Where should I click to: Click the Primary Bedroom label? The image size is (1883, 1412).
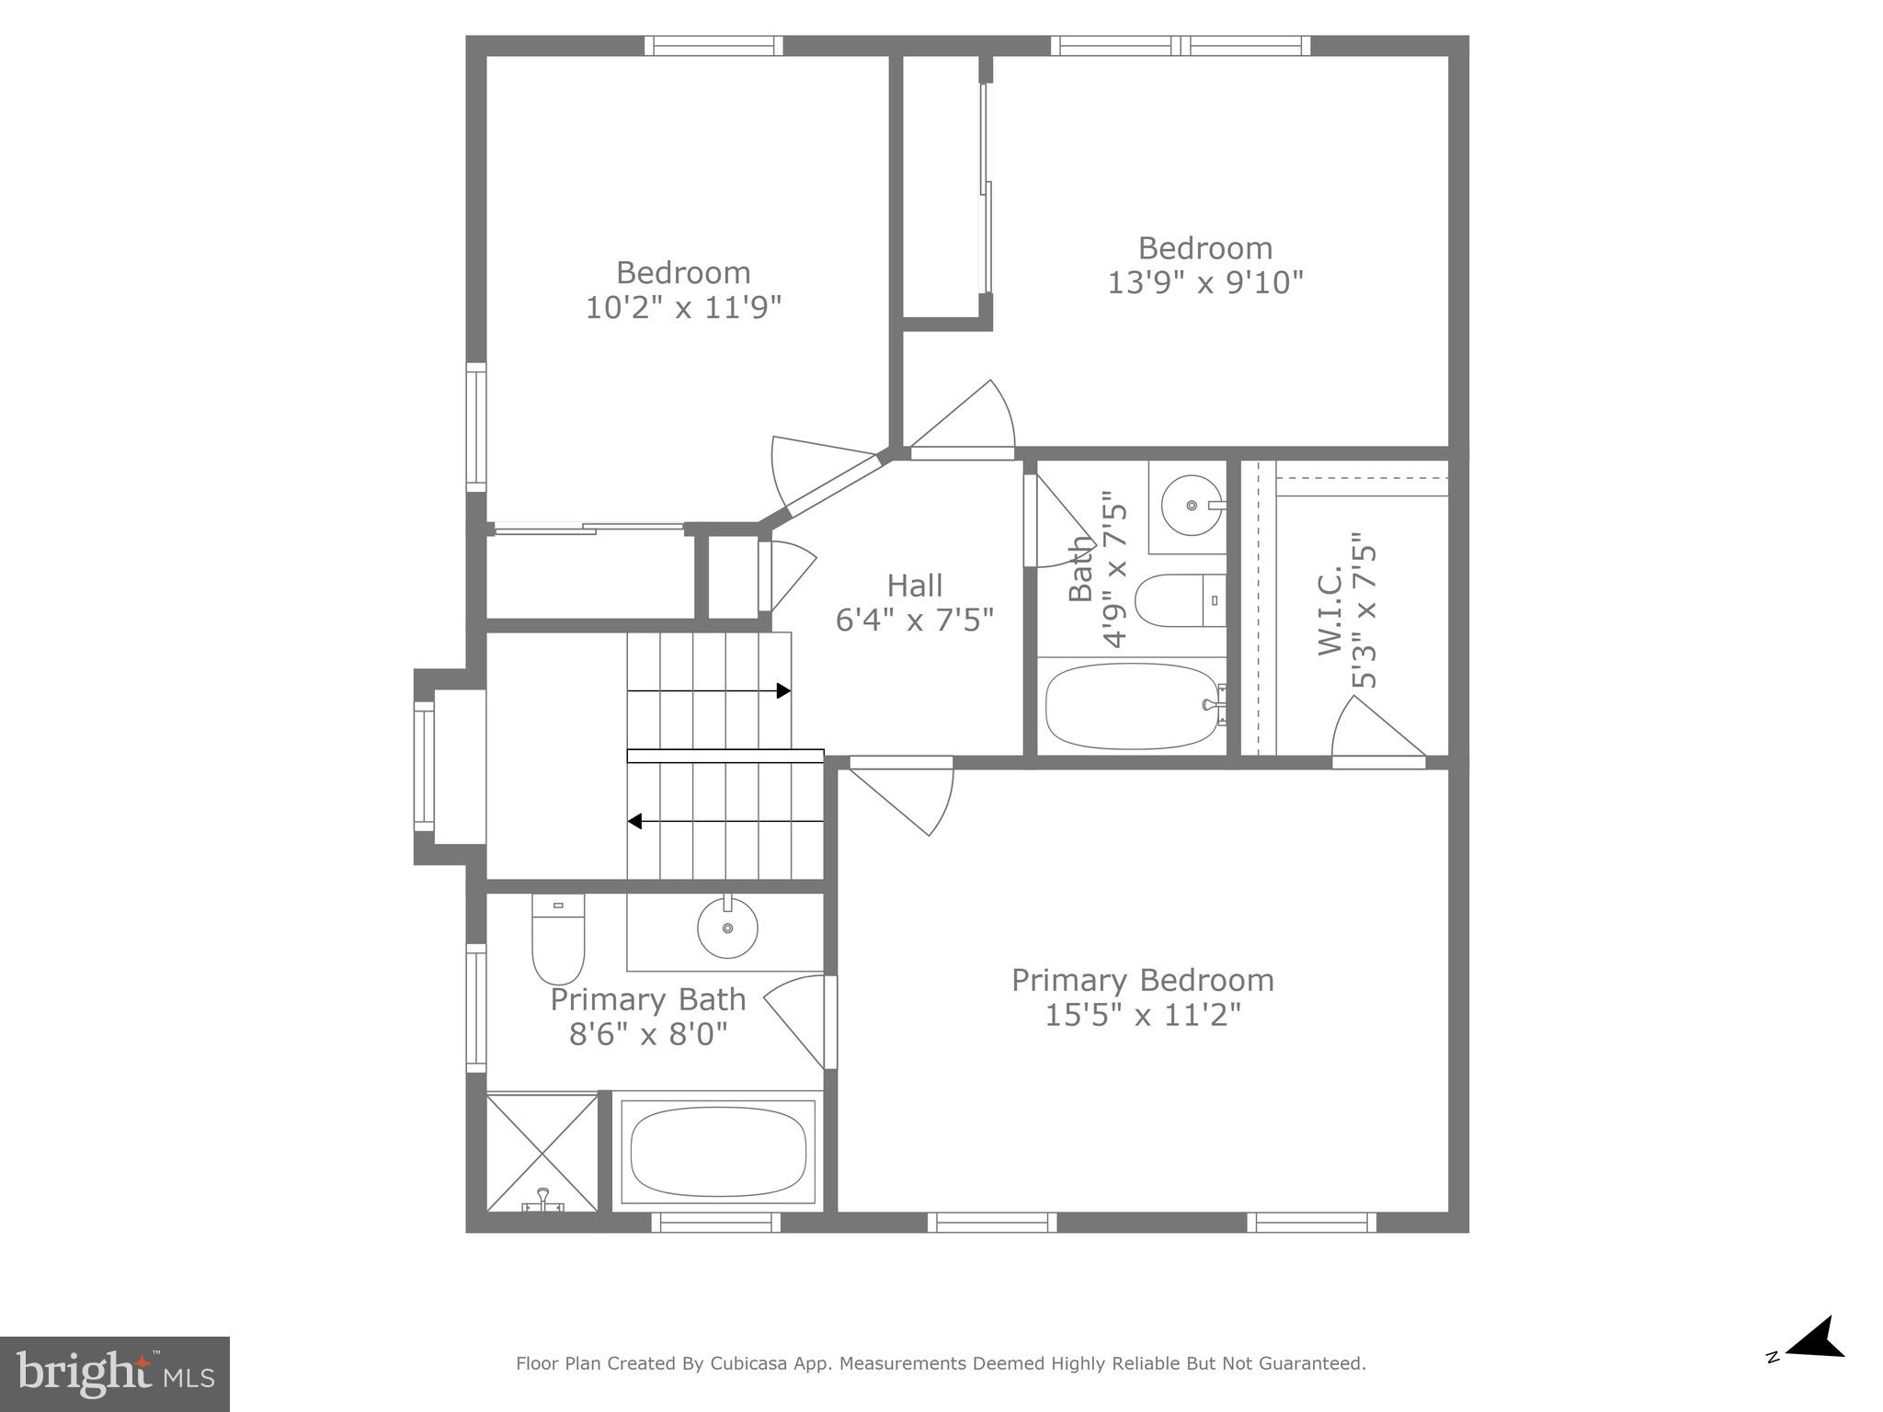click(x=1142, y=980)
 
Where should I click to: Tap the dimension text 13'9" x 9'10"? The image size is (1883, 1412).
click(x=1204, y=282)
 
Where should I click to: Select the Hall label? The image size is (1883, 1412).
click(x=914, y=586)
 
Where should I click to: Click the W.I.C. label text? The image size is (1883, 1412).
click(x=1330, y=610)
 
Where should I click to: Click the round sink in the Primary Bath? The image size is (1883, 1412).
click(x=727, y=928)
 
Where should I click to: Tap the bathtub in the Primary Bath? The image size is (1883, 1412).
click(x=718, y=1152)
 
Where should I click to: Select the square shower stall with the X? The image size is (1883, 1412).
click(x=542, y=1151)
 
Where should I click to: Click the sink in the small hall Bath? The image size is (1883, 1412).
click(x=1192, y=506)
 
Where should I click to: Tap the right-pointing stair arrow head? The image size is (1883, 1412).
click(x=783, y=690)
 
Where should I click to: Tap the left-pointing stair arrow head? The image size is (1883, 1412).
click(x=634, y=821)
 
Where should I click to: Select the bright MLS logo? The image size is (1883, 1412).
click(x=114, y=1373)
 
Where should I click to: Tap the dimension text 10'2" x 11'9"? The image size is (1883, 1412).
click(x=683, y=307)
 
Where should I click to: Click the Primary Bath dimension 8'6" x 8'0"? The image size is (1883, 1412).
click(x=648, y=1035)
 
